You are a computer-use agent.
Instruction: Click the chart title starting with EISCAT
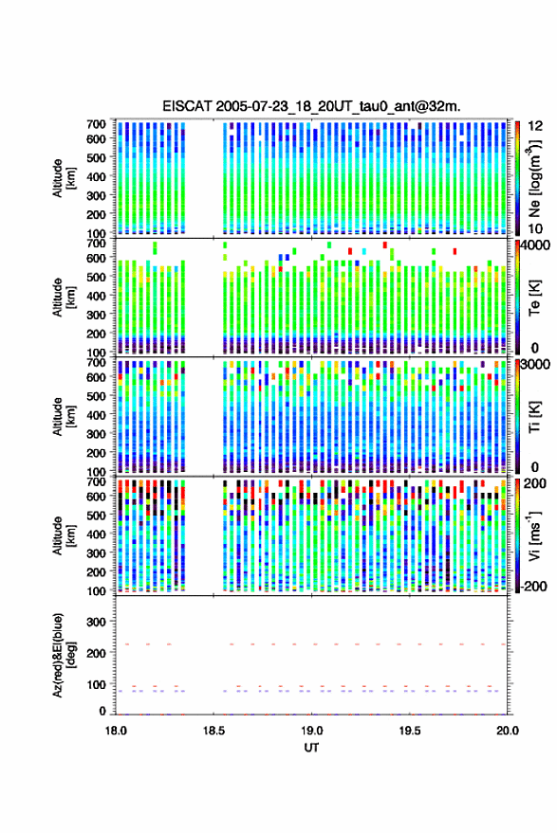click(x=311, y=106)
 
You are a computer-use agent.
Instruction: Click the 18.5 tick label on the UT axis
click(x=214, y=731)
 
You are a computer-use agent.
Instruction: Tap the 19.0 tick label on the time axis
click(x=312, y=731)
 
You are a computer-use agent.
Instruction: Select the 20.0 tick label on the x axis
click(x=508, y=731)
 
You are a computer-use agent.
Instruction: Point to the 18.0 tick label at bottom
click(x=116, y=731)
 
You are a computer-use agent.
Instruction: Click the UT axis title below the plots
click(x=311, y=748)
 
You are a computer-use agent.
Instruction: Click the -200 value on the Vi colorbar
click(x=531, y=586)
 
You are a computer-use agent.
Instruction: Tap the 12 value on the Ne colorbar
click(x=534, y=126)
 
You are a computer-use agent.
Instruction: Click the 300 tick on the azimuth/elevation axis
click(x=96, y=622)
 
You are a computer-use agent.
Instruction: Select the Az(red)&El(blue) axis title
click(x=64, y=655)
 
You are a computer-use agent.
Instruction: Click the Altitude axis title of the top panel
click(x=64, y=178)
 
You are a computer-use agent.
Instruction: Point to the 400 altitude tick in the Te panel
click(x=96, y=296)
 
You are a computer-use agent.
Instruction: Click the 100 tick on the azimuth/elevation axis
click(x=96, y=684)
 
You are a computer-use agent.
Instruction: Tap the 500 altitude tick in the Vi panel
click(x=96, y=515)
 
